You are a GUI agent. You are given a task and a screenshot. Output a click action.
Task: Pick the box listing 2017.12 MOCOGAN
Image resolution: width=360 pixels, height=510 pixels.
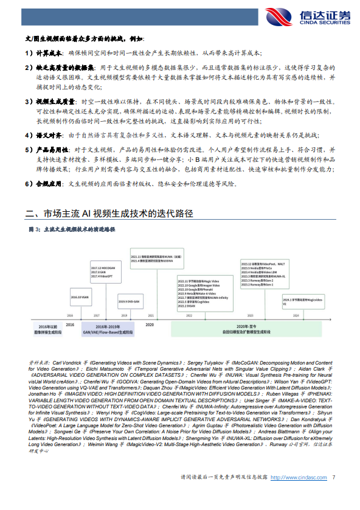pyautogui.click(x=102, y=271)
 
